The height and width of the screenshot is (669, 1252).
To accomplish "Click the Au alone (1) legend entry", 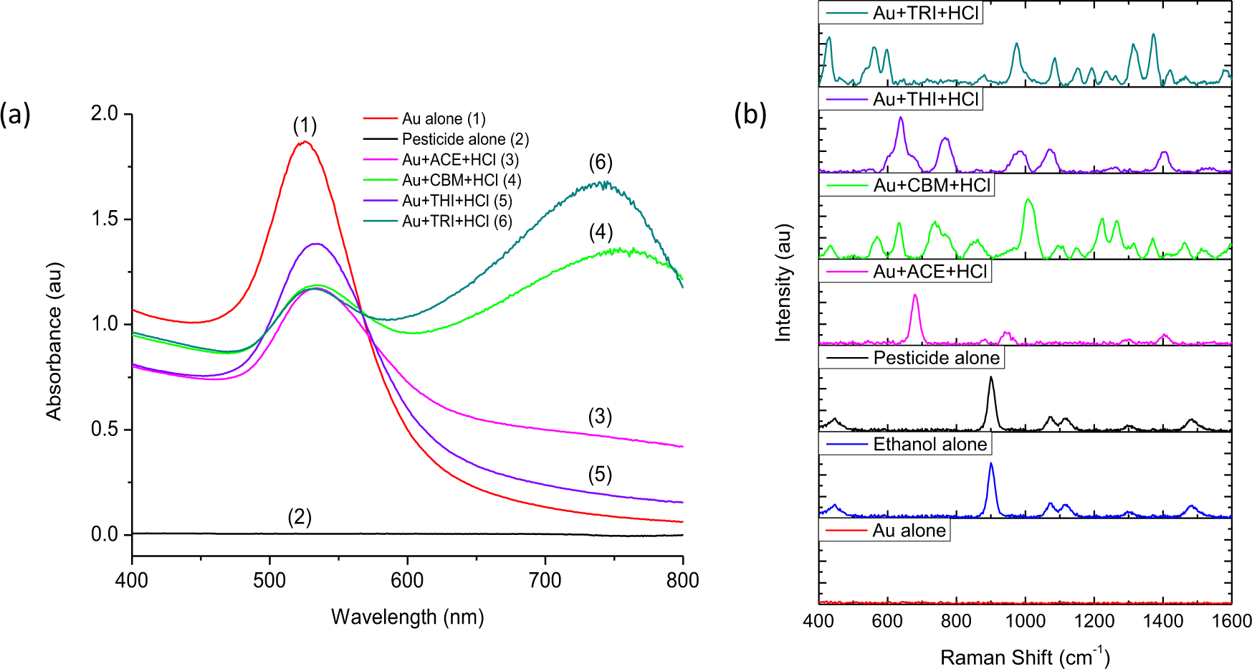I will click(x=443, y=119).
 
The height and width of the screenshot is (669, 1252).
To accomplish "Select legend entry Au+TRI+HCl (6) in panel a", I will click(x=457, y=222).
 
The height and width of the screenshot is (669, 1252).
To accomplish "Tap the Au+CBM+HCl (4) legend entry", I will click(x=461, y=181).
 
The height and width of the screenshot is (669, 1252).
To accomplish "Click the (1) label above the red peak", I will click(x=305, y=125).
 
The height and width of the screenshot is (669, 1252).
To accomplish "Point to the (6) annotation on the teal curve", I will click(x=601, y=163).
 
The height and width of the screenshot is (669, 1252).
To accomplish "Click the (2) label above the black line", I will click(x=300, y=517).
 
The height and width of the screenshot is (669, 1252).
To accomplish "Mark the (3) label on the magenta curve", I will click(x=600, y=417).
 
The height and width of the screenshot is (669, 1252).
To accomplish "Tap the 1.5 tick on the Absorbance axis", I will click(x=105, y=219).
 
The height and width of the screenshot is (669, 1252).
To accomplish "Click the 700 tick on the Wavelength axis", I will click(x=545, y=580).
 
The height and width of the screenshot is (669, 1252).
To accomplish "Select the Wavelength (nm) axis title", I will click(x=407, y=617).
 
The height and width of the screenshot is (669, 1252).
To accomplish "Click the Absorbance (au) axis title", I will click(x=54, y=341).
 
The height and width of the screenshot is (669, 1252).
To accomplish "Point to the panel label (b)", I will click(x=750, y=114).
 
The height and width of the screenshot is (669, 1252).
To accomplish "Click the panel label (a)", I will click(x=15, y=114).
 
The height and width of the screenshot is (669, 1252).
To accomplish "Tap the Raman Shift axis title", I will click(x=1024, y=657).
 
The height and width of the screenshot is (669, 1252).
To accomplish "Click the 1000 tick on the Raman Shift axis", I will click(x=1025, y=621).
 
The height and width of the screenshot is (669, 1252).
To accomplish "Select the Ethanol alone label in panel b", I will click(x=930, y=445).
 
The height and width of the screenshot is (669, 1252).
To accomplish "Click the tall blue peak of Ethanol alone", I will click(x=991, y=465).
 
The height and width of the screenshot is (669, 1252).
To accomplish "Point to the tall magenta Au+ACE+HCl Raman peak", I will click(x=914, y=297).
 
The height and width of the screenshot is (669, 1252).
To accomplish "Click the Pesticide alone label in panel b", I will click(x=936, y=358).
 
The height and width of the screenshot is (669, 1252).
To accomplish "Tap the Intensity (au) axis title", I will click(x=784, y=283).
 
